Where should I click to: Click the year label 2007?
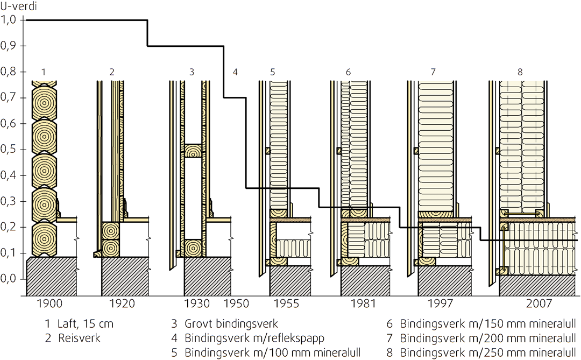click(538, 303)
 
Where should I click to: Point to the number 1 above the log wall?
click(44, 72)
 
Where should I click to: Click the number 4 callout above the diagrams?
click(235, 72)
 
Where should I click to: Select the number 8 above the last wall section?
click(520, 72)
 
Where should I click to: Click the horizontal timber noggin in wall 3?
click(193, 151)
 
